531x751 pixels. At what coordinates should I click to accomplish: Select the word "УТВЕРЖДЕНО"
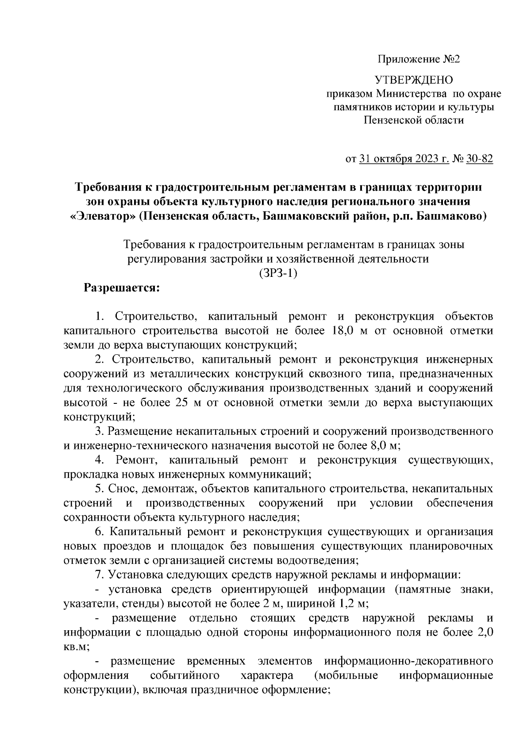click(414, 80)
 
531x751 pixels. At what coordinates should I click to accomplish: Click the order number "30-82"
click(480, 159)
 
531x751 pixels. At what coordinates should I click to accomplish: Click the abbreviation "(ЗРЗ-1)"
click(278, 273)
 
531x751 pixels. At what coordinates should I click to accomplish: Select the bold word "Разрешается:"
click(122, 288)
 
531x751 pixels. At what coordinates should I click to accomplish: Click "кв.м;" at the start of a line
click(77, 646)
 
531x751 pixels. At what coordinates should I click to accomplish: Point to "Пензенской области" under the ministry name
click(414, 120)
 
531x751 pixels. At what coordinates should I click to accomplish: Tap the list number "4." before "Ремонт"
click(100, 460)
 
